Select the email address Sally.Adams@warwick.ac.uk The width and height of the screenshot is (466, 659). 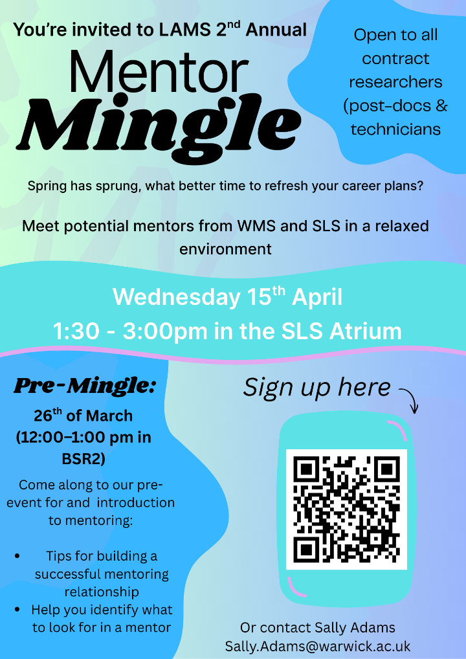[x=318, y=646]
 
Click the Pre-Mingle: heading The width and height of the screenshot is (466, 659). [x=85, y=386]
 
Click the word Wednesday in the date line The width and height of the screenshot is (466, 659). [x=175, y=298]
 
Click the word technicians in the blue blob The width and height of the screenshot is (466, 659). [x=395, y=129]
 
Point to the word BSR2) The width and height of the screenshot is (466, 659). [x=83, y=460]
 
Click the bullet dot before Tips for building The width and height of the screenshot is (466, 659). [x=17, y=556]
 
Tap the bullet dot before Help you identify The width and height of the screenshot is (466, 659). [x=17, y=610]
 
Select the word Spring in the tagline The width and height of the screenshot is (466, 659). [x=49, y=186]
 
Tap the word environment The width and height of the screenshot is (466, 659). [x=225, y=249]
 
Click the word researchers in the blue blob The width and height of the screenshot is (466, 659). [x=395, y=82]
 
